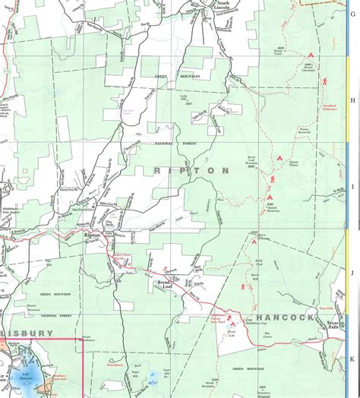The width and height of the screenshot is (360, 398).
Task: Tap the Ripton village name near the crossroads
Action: pyautogui.click(x=92, y=236)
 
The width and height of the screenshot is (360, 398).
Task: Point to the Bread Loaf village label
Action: pyautogui.click(x=166, y=284)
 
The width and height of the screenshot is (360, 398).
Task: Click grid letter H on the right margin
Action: pyautogui.click(x=352, y=99)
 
